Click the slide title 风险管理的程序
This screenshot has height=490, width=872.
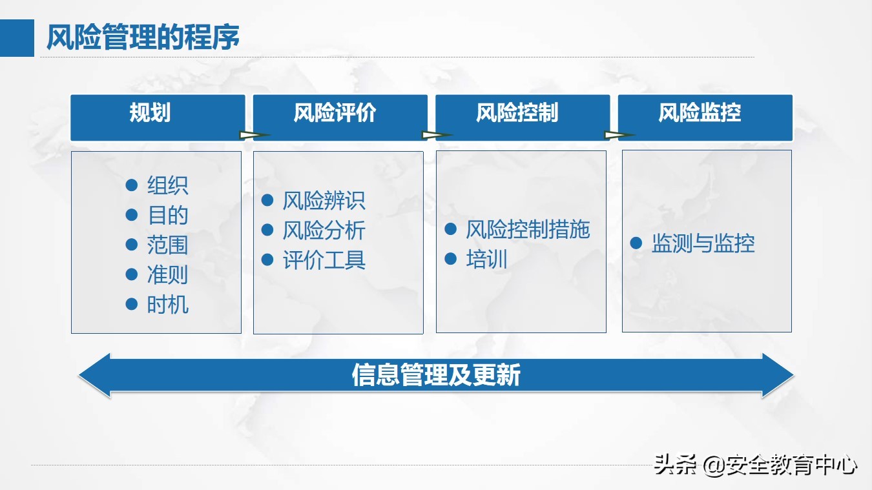143,37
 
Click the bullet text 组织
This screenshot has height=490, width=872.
167,186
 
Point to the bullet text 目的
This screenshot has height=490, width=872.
167,216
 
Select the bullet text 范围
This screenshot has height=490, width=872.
167,245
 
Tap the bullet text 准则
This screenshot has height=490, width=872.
167,275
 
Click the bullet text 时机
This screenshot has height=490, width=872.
167,305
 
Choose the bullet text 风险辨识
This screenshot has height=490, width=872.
324,201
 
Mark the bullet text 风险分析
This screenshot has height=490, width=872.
324,230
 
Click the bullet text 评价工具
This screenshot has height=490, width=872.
324,260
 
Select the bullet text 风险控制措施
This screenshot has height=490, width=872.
528,230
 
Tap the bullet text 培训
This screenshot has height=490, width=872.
486,260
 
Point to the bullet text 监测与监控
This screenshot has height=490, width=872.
703,244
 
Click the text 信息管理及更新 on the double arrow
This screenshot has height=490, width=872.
436,375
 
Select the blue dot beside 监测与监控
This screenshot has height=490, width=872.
636,243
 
